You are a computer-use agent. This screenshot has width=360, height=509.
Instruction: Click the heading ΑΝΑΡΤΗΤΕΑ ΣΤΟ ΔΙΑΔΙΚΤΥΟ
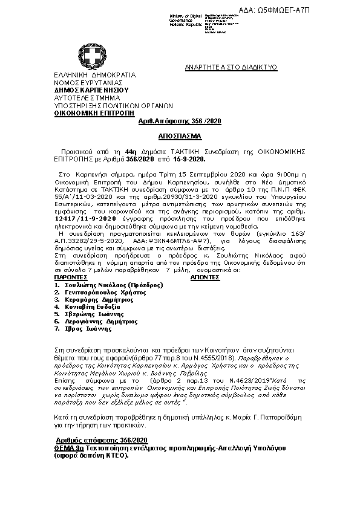pos(231,66)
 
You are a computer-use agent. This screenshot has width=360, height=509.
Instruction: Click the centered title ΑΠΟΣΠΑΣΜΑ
pos(180,137)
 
